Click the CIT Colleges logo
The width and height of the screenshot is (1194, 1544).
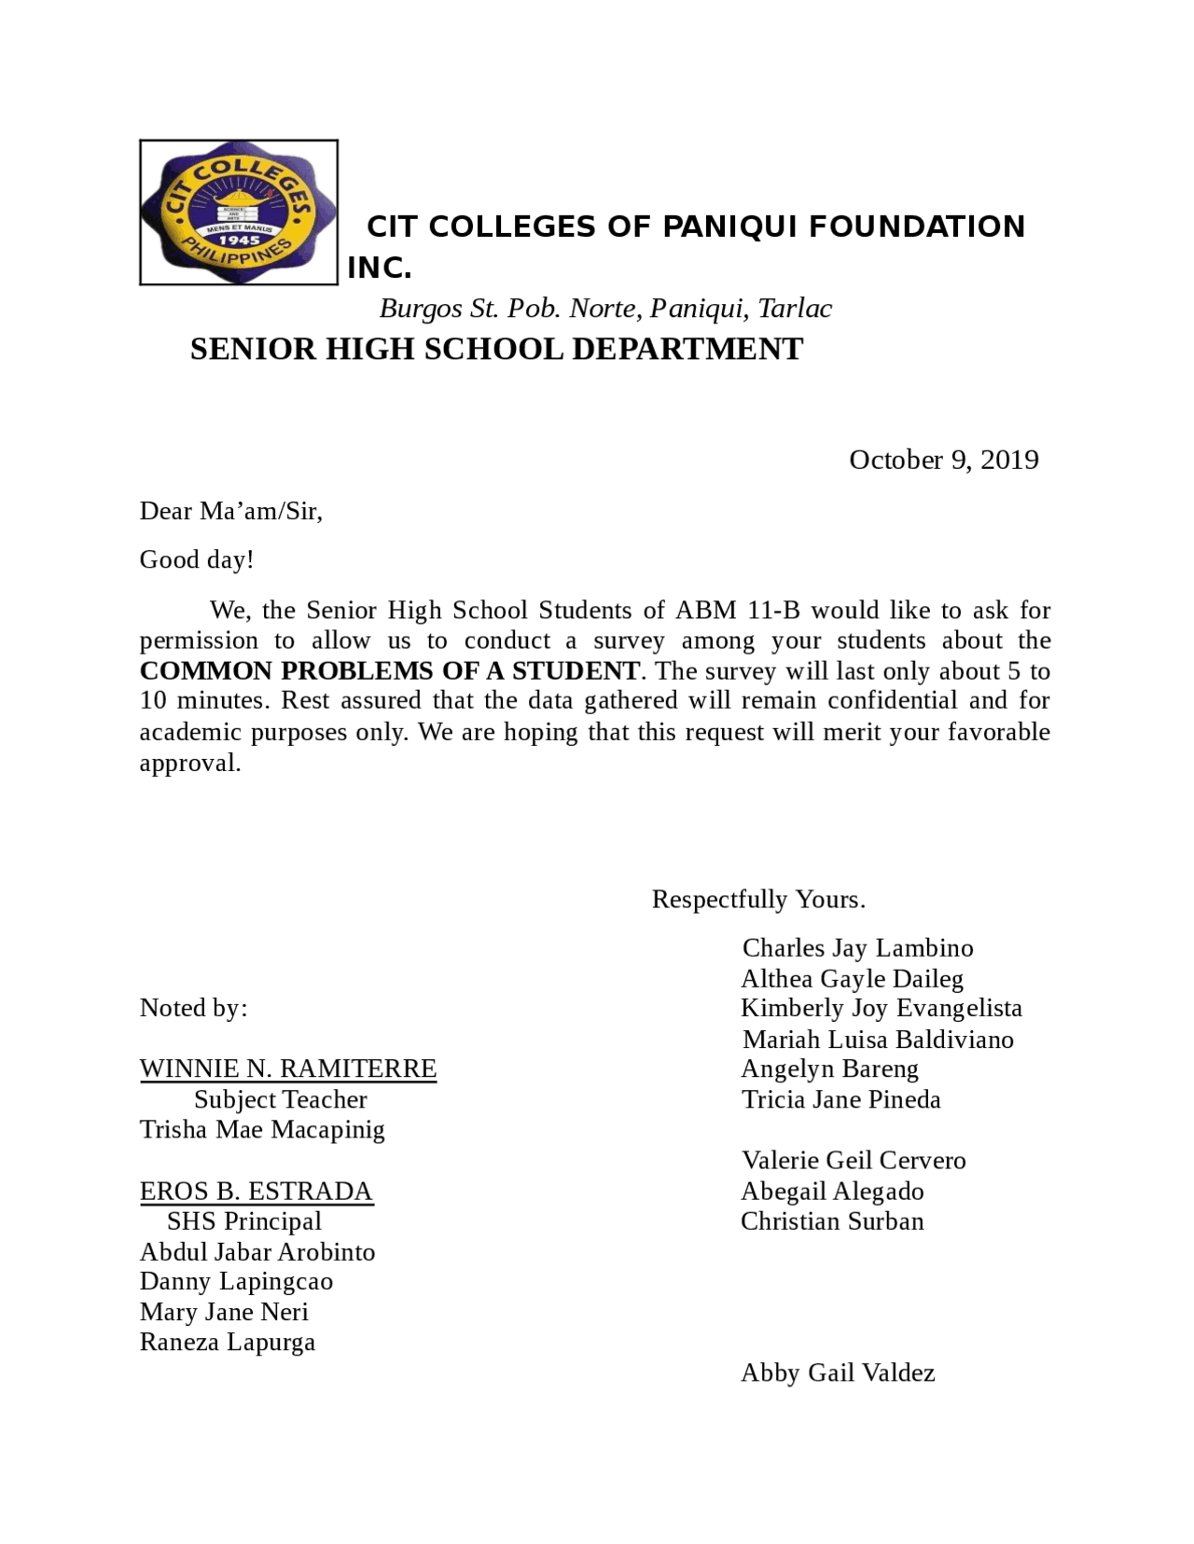point(238,212)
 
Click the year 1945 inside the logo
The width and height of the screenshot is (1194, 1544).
point(239,240)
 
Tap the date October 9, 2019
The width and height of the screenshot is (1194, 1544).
point(943,460)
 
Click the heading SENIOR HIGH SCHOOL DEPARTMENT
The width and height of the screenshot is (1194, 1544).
point(496,350)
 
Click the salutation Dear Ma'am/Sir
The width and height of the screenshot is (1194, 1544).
point(230,511)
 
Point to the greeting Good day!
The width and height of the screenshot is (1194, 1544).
point(196,559)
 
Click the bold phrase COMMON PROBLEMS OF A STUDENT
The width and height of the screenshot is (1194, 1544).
point(389,671)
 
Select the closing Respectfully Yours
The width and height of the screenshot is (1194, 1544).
point(757,900)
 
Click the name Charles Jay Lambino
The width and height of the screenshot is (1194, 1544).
point(857,948)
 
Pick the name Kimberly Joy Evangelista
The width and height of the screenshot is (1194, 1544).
point(881,1008)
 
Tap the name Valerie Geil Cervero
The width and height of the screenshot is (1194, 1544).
point(853,1161)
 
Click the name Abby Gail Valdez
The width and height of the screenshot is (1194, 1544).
point(837,1373)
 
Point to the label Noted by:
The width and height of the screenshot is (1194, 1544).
point(193,1008)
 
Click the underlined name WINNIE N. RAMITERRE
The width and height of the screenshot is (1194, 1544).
point(287,1068)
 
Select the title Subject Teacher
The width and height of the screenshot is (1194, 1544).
point(280,1100)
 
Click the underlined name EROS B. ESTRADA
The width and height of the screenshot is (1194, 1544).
point(256,1192)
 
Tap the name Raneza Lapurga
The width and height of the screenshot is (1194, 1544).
point(227,1343)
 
